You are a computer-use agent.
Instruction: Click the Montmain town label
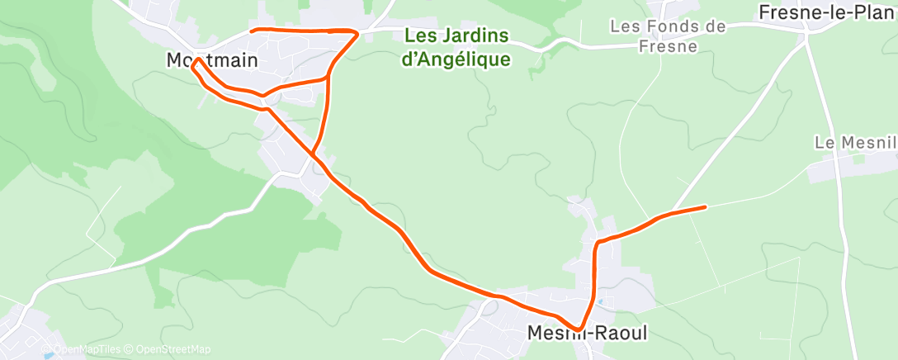[x=212, y=60]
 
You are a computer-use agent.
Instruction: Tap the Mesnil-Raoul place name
[x=587, y=334]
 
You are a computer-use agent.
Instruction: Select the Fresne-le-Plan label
[x=826, y=12]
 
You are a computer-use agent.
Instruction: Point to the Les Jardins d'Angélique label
[x=456, y=48]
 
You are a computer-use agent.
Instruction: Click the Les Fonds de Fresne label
[x=668, y=36]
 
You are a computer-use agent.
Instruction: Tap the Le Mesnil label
[x=855, y=143]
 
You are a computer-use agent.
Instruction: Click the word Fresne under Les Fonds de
[x=668, y=46]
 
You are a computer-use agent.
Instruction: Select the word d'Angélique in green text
[x=456, y=59]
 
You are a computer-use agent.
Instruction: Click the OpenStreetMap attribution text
[x=173, y=349]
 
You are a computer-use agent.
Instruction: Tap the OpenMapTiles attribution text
[x=87, y=349]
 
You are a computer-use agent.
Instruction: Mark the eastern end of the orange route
[x=706, y=206]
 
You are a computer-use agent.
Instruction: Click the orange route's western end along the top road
[x=252, y=31]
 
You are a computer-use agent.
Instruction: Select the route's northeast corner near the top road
[x=357, y=33]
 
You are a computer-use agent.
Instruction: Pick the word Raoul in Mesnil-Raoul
[x=622, y=334]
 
